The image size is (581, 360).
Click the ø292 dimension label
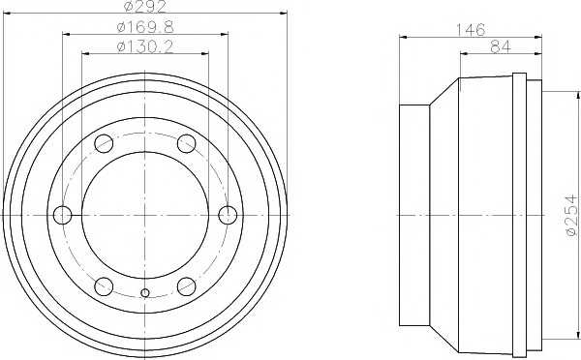(x=145, y=7)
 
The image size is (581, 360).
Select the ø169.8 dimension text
(x=145, y=27)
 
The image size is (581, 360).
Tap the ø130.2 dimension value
(x=145, y=46)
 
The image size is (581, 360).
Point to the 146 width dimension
(x=470, y=30)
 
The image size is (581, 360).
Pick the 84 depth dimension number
(x=501, y=47)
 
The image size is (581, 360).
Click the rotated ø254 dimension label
(x=571, y=215)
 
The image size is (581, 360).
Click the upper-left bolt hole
(x=104, y=143)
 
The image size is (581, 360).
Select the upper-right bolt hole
(x=186, y=143)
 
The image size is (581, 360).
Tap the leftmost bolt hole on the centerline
(x=63, y=215)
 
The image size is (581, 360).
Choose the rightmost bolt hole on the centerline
(x=228, y=215)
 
